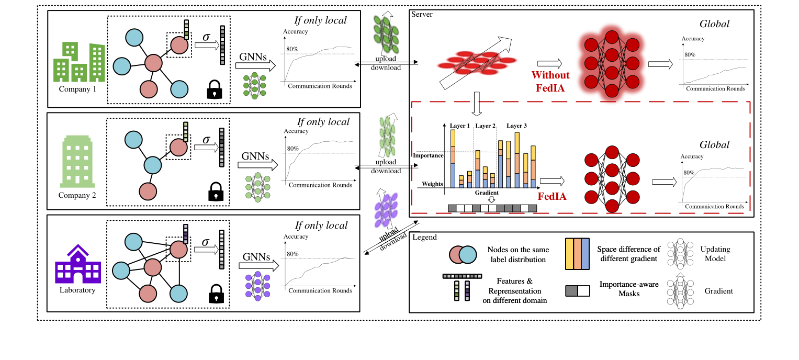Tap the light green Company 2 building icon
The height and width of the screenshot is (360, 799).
77,162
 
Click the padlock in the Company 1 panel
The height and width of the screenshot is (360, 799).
213,90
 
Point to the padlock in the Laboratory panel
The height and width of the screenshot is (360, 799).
213,294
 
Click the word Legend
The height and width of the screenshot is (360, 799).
424,237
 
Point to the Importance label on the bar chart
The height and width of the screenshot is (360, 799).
428,155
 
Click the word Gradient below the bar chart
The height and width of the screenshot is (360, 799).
487,193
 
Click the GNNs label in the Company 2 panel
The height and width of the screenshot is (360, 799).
256,155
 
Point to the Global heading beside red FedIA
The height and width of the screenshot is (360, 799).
714,145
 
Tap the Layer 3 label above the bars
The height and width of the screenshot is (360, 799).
517,126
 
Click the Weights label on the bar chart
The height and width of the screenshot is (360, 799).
433,184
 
